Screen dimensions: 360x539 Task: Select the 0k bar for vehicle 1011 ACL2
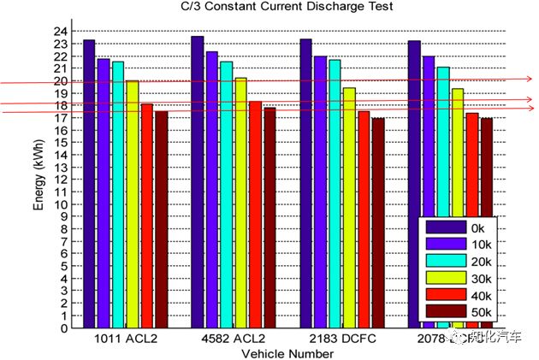(89, 184)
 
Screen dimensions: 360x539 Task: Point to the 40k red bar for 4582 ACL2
(255, 215)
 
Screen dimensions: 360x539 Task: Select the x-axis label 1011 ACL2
(126, 339)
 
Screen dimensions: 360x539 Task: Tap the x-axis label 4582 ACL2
(234, 339)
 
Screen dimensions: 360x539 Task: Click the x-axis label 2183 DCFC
(342, 339)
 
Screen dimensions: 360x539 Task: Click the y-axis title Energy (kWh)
(37, 180)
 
